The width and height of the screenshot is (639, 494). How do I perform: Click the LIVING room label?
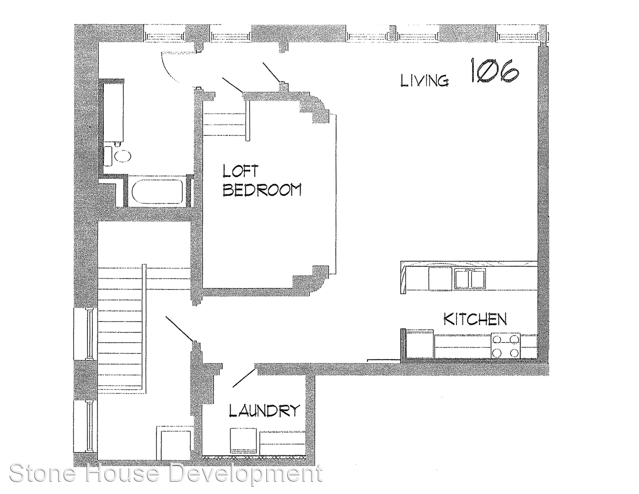(x=424, y=81)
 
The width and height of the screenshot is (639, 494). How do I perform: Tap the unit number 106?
(x=495, y=70)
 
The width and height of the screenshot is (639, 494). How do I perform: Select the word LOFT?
(x=240, y=171)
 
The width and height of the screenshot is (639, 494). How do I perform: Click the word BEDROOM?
(x=262, y=190)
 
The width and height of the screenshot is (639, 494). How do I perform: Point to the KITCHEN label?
(x=475, y=319)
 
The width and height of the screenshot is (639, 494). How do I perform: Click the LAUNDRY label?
(x=264, y=410)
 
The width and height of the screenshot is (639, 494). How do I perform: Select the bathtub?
(x=158, y=191)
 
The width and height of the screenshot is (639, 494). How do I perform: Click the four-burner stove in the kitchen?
(x=505, y=346)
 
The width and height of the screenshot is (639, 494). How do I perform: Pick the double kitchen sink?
(x=470, y=279)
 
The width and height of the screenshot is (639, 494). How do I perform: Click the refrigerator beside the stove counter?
(x=419, y=344)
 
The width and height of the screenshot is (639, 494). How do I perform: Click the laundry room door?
(x=244, y=378)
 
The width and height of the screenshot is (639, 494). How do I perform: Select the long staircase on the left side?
(x=122, y=330)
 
